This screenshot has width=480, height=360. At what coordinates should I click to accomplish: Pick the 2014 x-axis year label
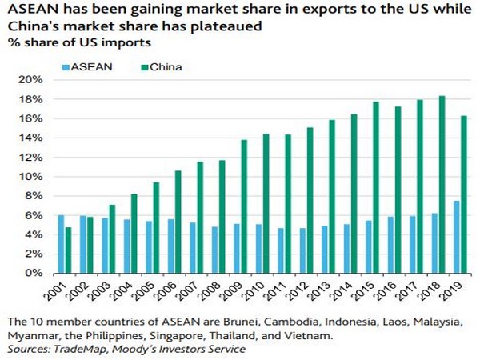click(346, 290)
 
